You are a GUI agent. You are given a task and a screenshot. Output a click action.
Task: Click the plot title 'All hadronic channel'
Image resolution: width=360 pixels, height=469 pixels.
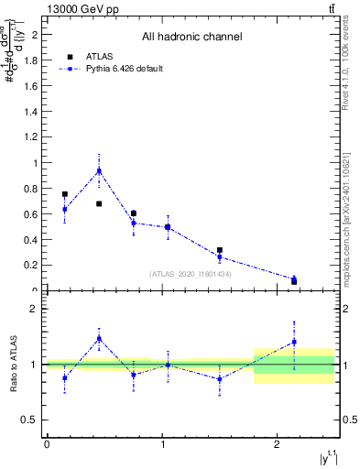191,38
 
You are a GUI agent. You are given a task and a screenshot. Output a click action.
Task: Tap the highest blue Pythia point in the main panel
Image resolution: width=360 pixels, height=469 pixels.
99,170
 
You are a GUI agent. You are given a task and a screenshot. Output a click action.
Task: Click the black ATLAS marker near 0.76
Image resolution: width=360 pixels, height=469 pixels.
64,194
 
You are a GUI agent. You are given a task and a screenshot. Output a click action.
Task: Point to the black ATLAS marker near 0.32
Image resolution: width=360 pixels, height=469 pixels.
220,250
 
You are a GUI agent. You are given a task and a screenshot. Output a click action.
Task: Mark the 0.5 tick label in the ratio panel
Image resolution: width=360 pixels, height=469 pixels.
30,420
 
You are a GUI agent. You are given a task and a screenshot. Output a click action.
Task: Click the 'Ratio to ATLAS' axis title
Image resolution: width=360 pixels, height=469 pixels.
11,364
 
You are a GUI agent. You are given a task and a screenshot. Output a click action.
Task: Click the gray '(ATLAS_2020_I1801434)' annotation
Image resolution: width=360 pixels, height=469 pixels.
191,274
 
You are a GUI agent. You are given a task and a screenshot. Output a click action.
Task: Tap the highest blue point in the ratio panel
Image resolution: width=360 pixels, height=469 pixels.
99,338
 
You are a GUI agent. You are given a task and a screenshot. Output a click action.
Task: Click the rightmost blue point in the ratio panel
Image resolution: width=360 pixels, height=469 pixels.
294,342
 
